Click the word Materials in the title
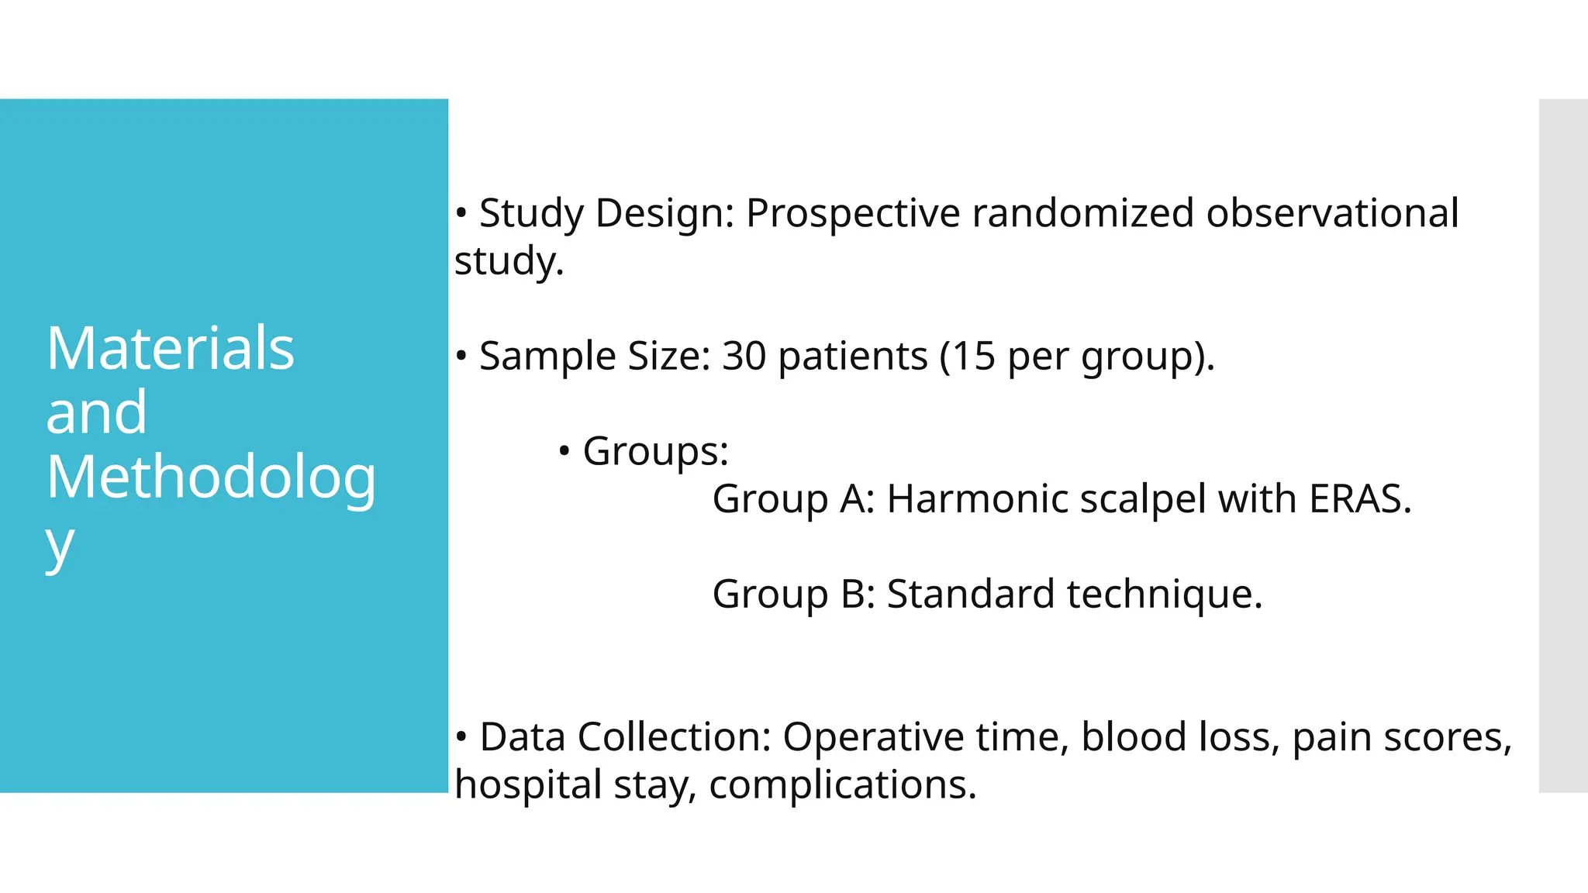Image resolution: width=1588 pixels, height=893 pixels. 170,349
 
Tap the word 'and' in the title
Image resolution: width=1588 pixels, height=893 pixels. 96,412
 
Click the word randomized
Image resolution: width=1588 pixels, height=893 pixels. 1082,213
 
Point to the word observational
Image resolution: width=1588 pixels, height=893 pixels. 1332,213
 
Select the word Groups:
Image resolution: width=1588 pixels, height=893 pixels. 655,451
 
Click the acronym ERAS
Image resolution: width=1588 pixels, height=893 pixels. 1360,498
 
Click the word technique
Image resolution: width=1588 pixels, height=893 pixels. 1165,595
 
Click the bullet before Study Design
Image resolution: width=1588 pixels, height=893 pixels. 461,212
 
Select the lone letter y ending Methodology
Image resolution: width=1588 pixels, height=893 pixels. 60,546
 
